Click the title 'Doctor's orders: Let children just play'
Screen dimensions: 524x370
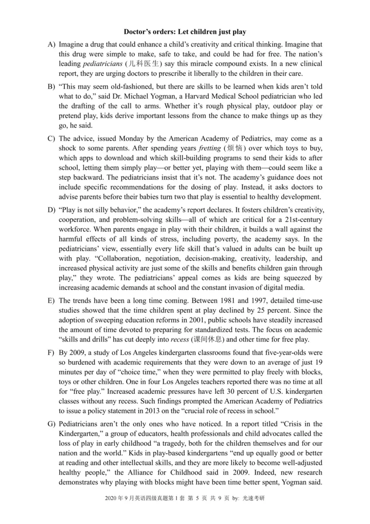point(185,32)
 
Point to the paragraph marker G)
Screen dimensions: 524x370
point(51,424)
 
